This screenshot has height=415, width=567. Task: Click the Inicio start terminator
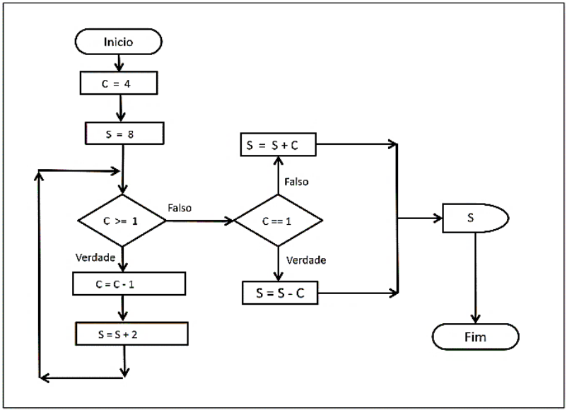click(x=119, y=42)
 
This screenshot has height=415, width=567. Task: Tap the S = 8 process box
click(x=124, y=132)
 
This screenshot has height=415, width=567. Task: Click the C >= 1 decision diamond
click(x=122, y=221)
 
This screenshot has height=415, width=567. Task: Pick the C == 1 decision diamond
click(x=278, y=221)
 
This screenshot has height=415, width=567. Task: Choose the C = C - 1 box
click(x=129, y=284)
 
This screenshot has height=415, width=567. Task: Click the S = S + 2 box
click(x=132, y=333)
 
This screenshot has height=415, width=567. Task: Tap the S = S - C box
click(x=280, y=293)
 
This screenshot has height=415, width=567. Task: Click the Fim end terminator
click(x=475, y=337)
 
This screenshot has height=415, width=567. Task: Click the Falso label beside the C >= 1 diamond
click(x=180, y=208)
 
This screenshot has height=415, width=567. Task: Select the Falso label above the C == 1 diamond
click(x=296, y=182)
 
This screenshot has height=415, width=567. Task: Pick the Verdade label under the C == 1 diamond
click(x=306, y=260)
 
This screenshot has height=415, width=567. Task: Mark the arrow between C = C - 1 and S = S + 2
click(x=124, y=308)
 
